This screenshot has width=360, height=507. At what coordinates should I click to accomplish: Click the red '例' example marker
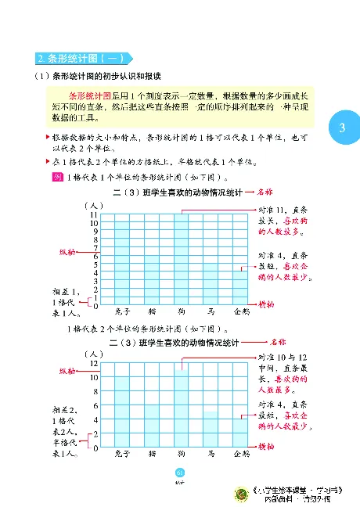[56, 177]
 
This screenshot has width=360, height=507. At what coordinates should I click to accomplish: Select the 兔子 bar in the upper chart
[122, 263]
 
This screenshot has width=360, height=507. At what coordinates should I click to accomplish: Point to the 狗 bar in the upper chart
[182, 258]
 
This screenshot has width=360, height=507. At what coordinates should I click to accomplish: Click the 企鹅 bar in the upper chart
[241, 287]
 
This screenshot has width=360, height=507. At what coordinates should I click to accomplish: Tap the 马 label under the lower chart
[212, 453]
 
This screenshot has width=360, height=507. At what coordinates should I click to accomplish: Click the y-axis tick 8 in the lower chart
[95, 392]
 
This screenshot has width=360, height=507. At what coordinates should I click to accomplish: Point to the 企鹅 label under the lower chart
[242, 453]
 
